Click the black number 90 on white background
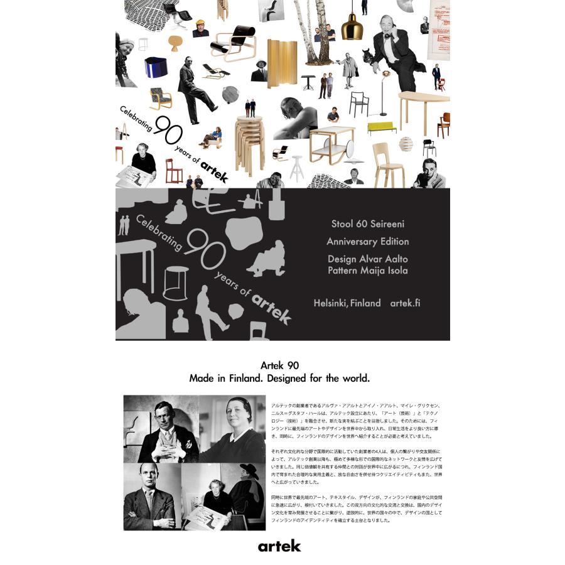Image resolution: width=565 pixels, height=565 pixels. [x=168, y=131]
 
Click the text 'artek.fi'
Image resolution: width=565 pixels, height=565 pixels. [x=405, y=303]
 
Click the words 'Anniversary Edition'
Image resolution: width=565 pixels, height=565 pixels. [x=367, y=242]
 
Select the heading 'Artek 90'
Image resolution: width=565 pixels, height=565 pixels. [x=279, y=365]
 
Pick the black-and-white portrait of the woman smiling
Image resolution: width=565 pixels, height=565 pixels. [x=232, y=429]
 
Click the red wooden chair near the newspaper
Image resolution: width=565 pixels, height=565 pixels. [x=173, y=170]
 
